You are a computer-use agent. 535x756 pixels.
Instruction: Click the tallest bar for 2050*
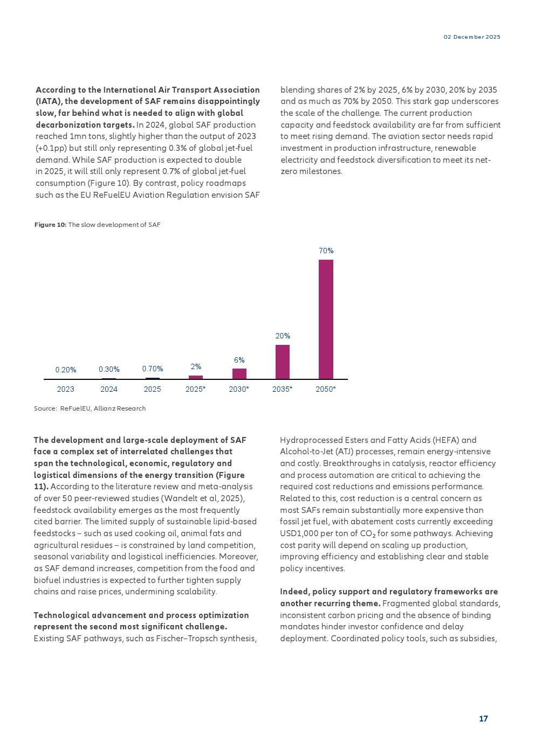pos(326,319)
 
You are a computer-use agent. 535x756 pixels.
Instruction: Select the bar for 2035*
pos(283,362)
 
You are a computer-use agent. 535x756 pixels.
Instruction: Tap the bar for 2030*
pos(239,373)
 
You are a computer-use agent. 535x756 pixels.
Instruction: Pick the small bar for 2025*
pos(196,377)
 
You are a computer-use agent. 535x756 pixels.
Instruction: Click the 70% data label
pos(326,251)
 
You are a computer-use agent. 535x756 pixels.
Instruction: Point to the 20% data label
pos(283,336)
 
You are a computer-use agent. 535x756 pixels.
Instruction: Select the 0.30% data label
pos(109,369)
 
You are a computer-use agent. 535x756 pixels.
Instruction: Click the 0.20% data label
pos(66,370)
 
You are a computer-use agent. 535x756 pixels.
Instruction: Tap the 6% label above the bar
pos(239,360)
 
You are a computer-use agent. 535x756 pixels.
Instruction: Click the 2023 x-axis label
pos(66,389)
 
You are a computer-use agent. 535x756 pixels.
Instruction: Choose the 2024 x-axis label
pos(109,389)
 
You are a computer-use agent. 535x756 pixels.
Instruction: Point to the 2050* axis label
pos(326,389)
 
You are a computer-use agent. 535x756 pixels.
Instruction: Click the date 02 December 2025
pos(472,37)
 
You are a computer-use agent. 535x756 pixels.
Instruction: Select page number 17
pos(483,718)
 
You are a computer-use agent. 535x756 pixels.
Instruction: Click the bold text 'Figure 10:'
pos(50,225)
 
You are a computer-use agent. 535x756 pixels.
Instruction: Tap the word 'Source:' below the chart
pos(45,408)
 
